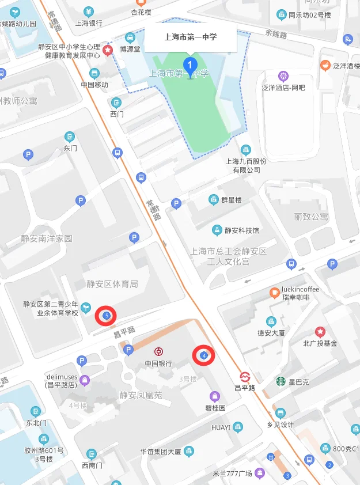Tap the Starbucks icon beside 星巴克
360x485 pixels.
[281, 381]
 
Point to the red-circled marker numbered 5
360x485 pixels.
[106, 316]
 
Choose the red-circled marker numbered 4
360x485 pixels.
[203, 356]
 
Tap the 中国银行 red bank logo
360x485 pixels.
[158, 351]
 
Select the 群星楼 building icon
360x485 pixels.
[213, 199]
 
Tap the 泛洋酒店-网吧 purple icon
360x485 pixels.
[283, 75]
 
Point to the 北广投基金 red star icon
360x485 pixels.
[320, 332]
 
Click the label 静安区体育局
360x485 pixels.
[112, 284]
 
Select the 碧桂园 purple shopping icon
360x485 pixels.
[215, 396]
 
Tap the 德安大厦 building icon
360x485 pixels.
[271, 321]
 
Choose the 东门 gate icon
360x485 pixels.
[70, 137]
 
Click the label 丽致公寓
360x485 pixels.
[311, 217]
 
